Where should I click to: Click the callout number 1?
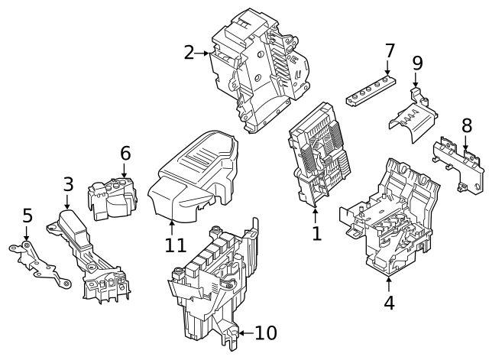pyautogui.click(x=316, y=233)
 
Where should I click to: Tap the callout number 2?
pyautogui.click(x=189, y=53)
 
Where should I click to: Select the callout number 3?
pyautogui.click(x=68, y=184)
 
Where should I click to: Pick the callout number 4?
pyautogui.click(x=389, y=303)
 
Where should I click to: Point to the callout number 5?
pyautogui.click(x=28, y=216)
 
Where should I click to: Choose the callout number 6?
pyautogui.click(x=125, y=153)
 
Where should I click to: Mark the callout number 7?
pyautogui.click(x=390, y=51)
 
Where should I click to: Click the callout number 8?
pyautogui.click(x=466, y=125)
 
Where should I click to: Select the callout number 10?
pyautogui.click(x=265, y=333)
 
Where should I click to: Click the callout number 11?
pyautogui.click(x=175, y=245)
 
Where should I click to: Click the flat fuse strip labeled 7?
pyautogui.click(x=371, y=89)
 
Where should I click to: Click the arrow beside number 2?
pyautogui.click(x=204, y=54)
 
